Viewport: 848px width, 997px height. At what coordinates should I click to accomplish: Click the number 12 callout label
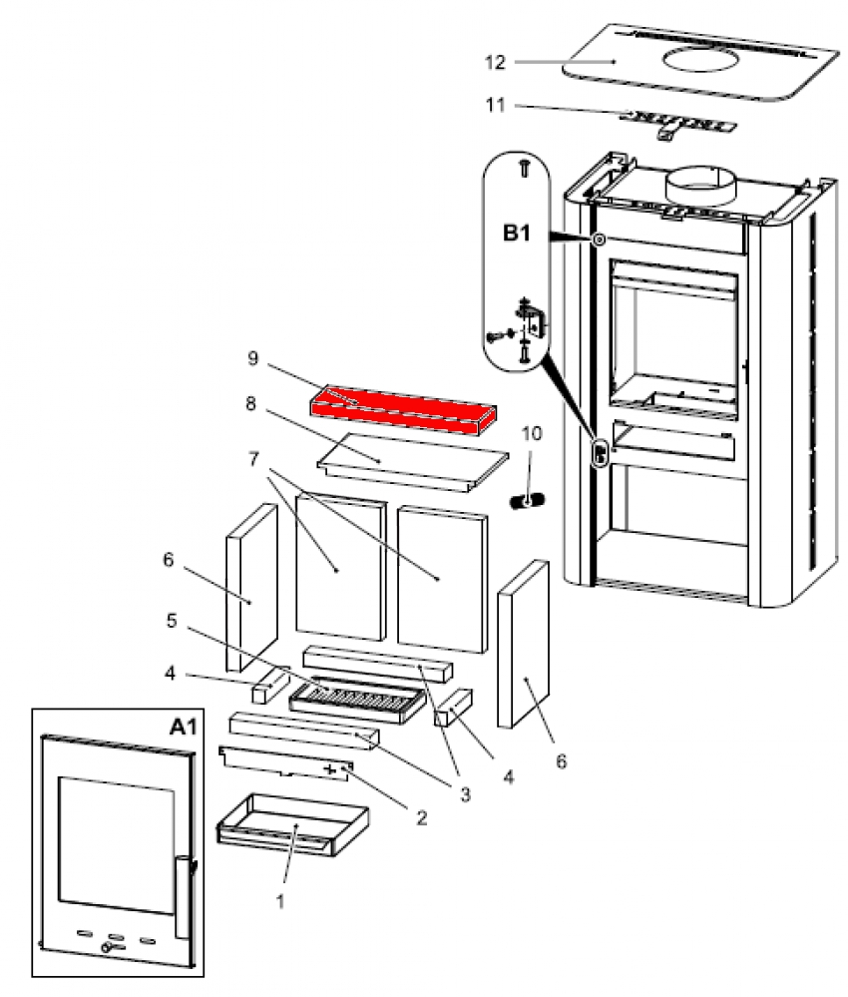click(523, 62)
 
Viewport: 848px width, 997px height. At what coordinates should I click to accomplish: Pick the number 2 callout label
click(420, 817)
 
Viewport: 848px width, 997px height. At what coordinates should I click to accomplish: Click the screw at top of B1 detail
click(524, 170)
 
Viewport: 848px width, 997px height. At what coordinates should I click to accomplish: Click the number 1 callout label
click(280, 899)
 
